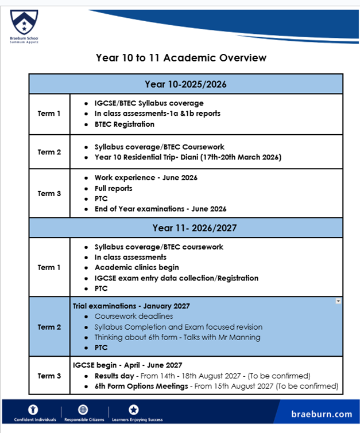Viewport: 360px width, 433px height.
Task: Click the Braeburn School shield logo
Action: coord(21,22)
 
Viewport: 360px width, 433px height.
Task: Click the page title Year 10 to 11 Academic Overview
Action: coord(181,58)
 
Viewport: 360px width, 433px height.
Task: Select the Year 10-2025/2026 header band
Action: coord(185,84)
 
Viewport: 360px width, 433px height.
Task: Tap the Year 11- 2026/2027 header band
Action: coord(185,228)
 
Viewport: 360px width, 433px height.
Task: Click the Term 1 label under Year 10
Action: coord(49,114)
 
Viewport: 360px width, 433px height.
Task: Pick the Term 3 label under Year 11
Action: coord(49,376)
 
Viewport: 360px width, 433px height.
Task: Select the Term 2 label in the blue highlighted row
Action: coord(49,327)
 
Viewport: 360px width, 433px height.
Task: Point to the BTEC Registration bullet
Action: coord(124,124)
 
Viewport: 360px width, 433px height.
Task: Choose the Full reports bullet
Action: coord(114,188)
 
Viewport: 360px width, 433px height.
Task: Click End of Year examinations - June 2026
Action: coord(160,209)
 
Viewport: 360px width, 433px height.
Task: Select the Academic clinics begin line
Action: coord(137,267)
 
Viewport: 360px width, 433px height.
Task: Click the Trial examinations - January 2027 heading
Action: coord(131,306)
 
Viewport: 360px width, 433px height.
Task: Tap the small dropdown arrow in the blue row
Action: coord(338,301)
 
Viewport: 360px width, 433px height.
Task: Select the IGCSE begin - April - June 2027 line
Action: coord(127,365)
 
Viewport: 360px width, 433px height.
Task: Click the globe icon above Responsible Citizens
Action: coord(83,409)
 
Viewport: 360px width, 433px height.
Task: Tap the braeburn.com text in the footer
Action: coord(321,414)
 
